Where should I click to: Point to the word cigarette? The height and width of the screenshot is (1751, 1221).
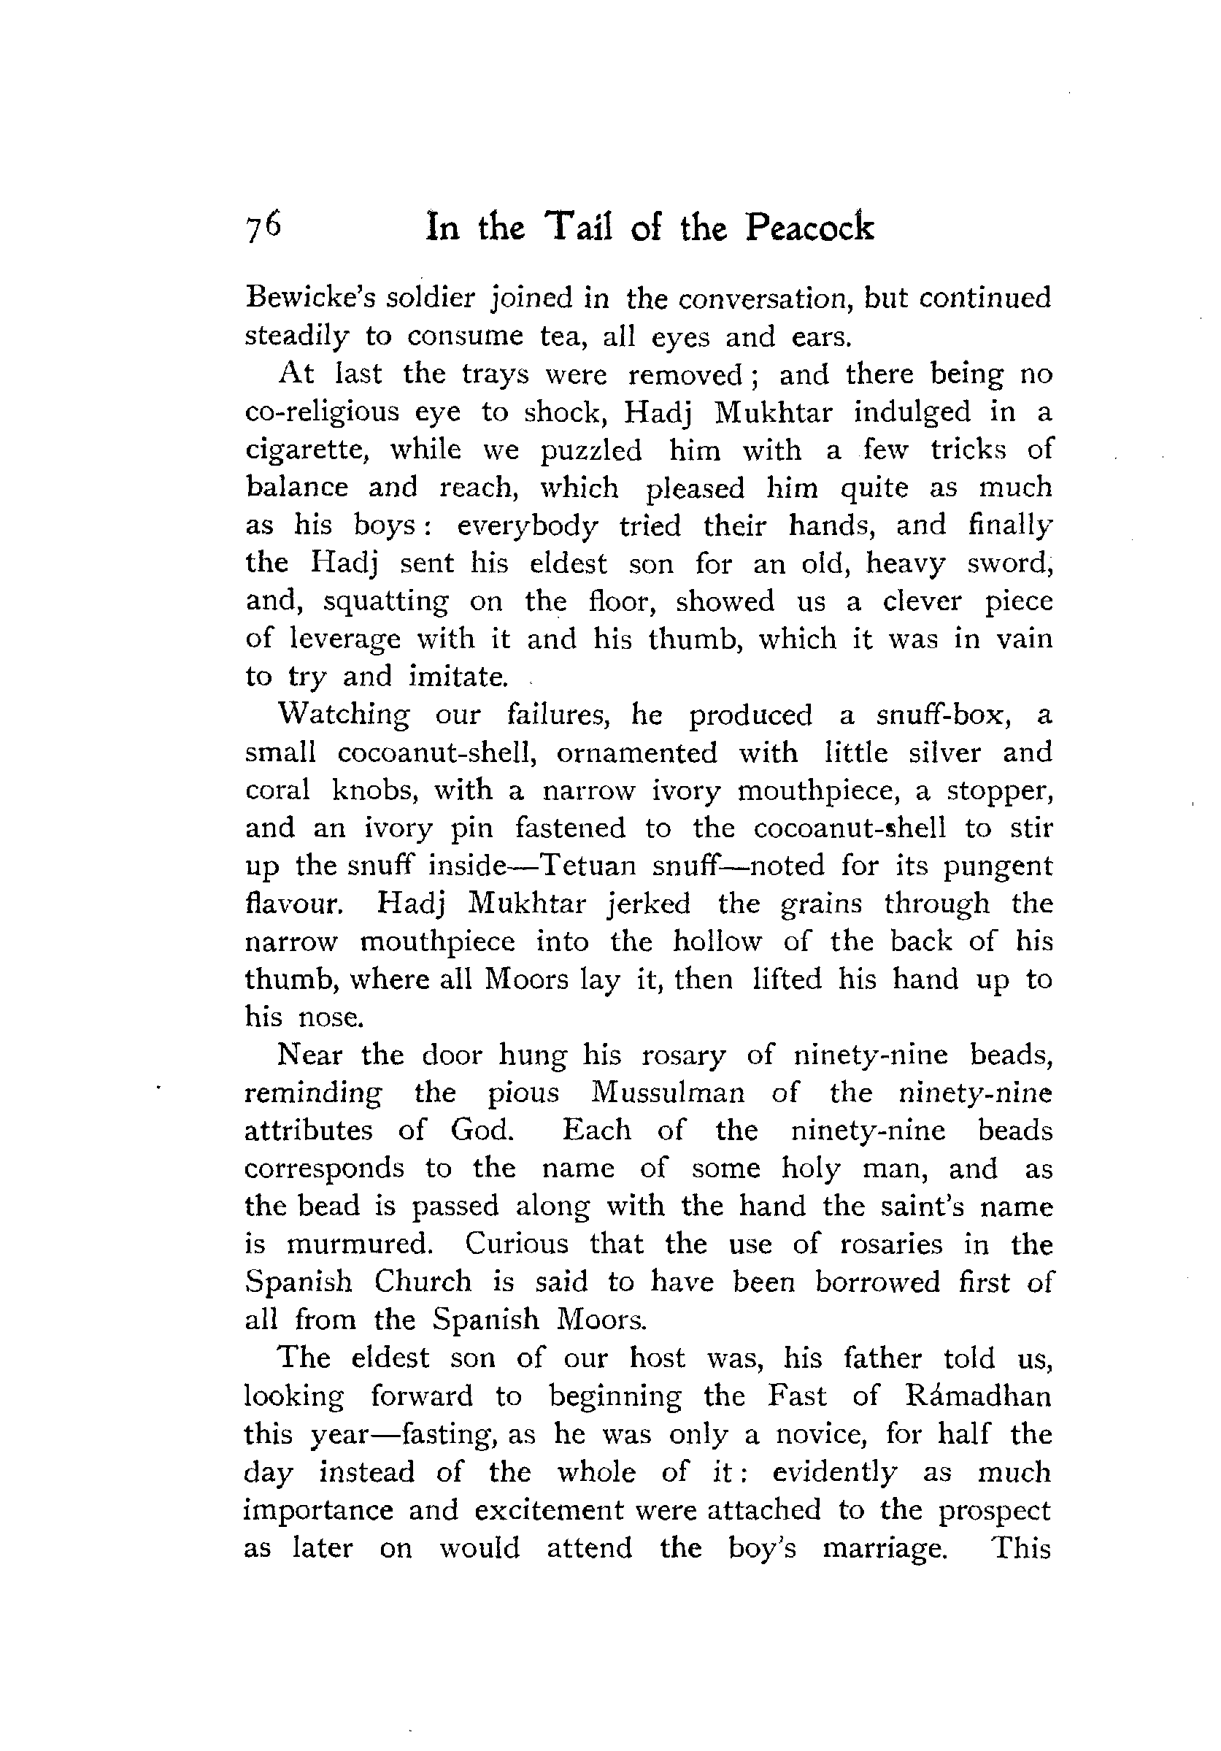(307, 450)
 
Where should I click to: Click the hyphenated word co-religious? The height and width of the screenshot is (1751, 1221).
(321, 412)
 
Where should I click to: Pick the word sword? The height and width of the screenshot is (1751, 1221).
(1009, 563)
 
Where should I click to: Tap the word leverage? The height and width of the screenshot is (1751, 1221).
(344, 639)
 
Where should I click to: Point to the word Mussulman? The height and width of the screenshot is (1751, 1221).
(668, 1093)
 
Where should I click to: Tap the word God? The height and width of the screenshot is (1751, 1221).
(481, 1129)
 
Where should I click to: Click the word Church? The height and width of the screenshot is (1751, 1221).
(423, 1281)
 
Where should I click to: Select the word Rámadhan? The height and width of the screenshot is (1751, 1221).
(980, 1396)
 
